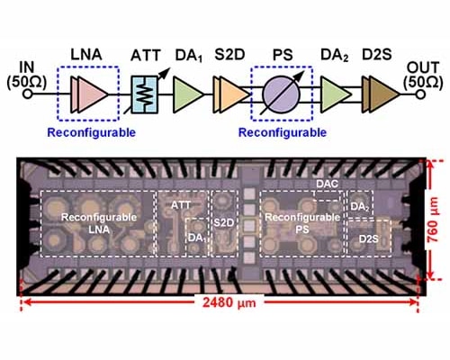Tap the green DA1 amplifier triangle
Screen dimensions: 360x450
188,93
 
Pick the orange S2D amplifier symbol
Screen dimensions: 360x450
231,93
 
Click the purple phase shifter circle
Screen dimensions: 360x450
281,93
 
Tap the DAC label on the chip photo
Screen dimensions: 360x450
327,184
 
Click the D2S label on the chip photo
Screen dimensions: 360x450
368,238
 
